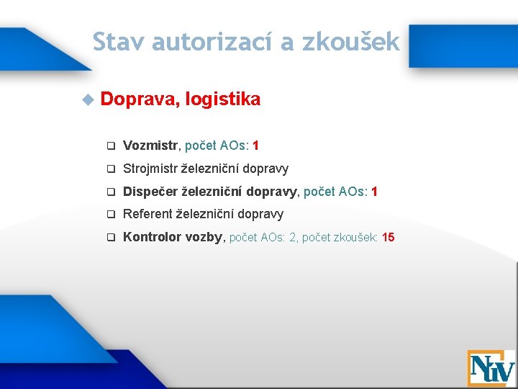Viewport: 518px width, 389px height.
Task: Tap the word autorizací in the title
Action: tap(212, 42)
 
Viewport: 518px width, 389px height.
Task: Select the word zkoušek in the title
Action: tap(350, 42)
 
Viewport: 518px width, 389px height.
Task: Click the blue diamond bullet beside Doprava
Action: tap(88, 99)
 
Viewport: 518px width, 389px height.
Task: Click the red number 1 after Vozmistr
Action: tap(256, 146)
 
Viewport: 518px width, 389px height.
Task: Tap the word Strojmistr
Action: tap(150, 169)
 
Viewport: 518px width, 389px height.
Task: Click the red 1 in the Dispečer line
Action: tap(374, 192)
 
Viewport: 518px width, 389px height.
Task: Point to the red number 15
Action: tap(388, 238)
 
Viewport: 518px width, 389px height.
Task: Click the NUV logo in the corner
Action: tap(491, 368)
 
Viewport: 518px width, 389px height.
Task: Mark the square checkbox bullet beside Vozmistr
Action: tap(112, 146)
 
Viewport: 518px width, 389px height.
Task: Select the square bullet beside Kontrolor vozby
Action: tap(112, 238)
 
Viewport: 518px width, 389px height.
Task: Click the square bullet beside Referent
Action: tap(112, 215)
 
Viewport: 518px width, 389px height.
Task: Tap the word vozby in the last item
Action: tap(206, 238)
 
